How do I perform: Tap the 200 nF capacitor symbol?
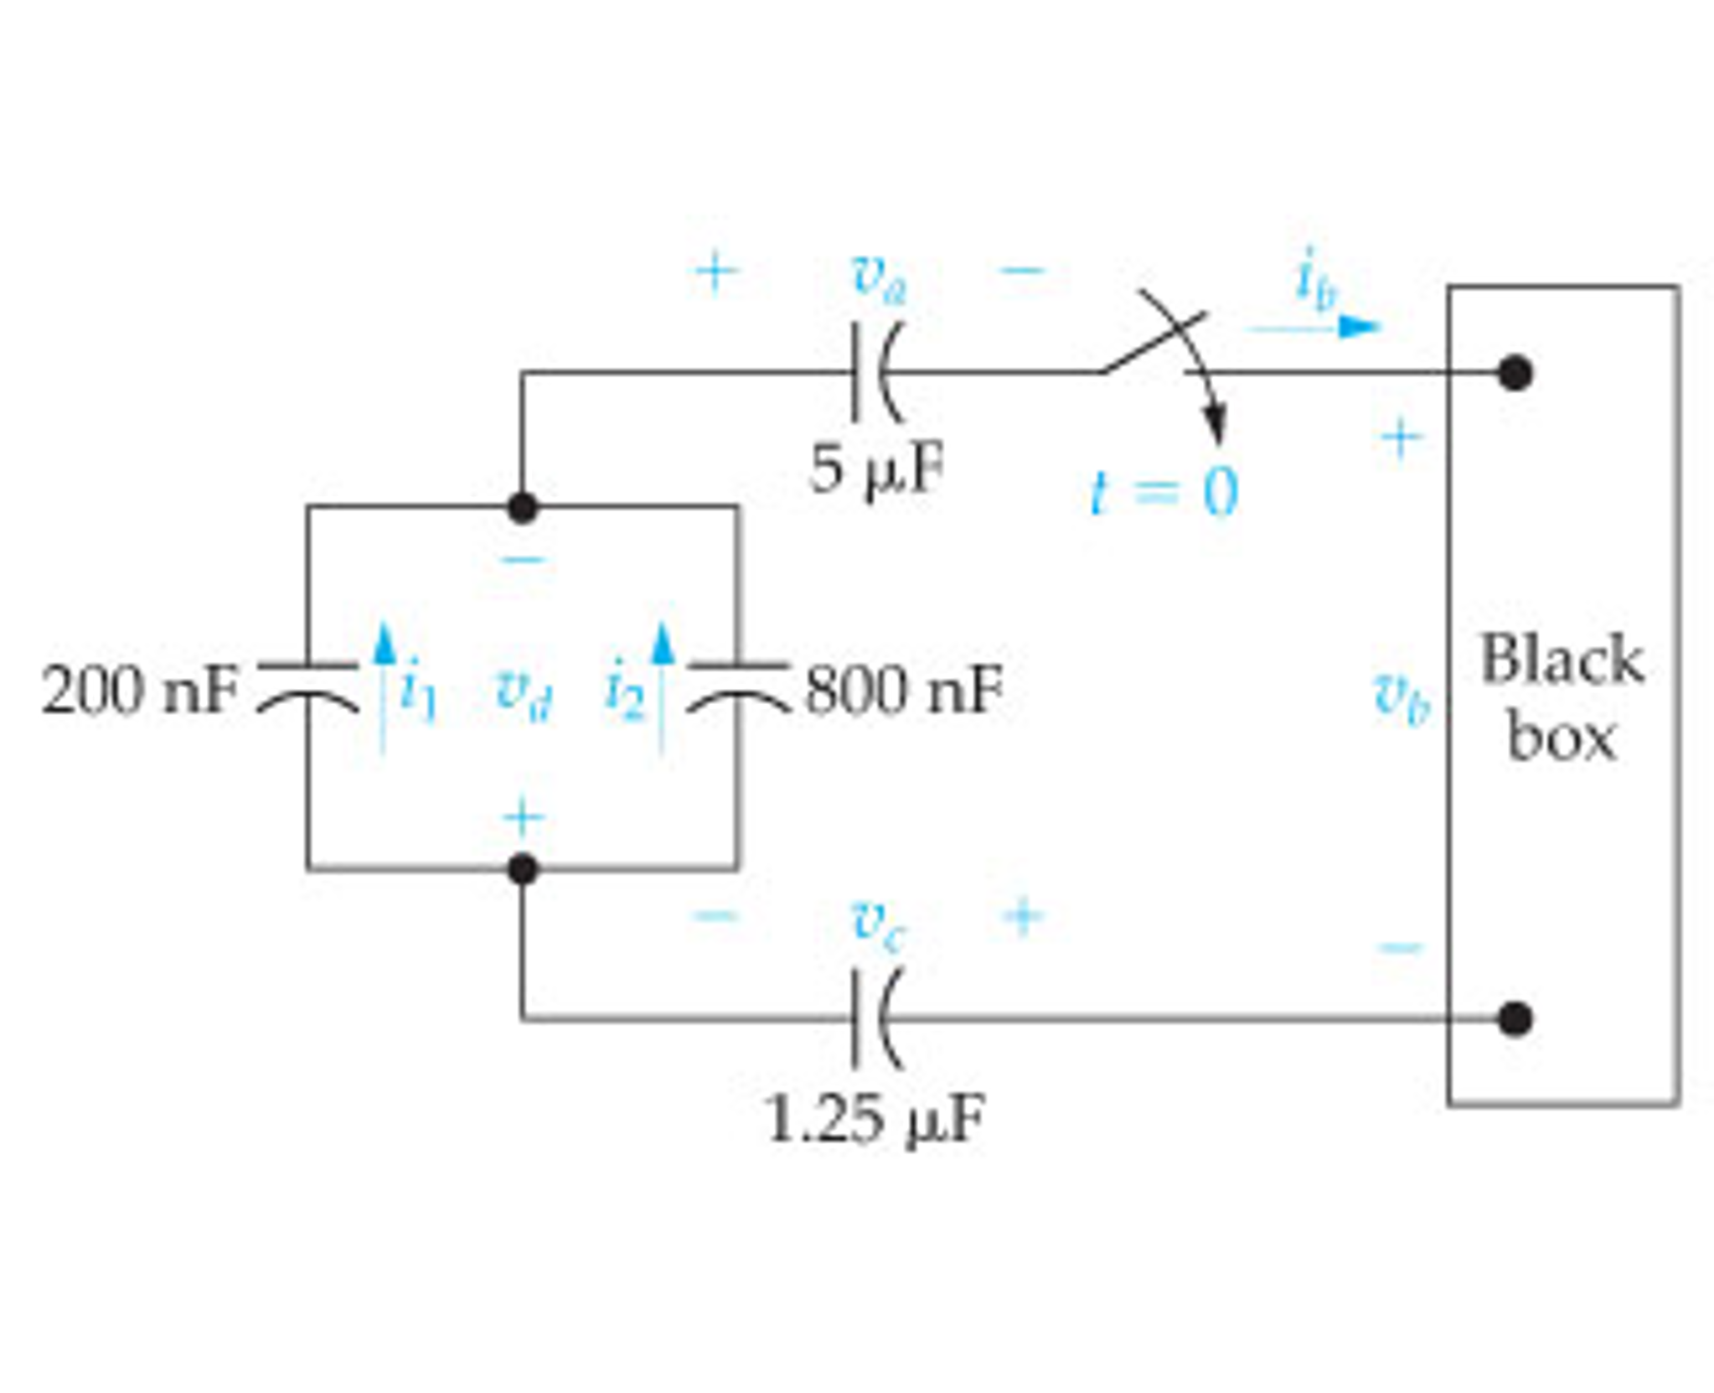coord(307,686)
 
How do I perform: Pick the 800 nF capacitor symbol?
coord(738,686)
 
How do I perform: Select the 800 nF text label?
coord(903,689)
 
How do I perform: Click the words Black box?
coord(1562,697)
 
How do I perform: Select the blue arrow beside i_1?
coord(384,687)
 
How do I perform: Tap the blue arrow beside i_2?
coord(662,687)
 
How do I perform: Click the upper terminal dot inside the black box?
coord(1515,373)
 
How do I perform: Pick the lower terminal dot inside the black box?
coord(1515,1019)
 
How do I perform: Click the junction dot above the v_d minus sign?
coord(522,507)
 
